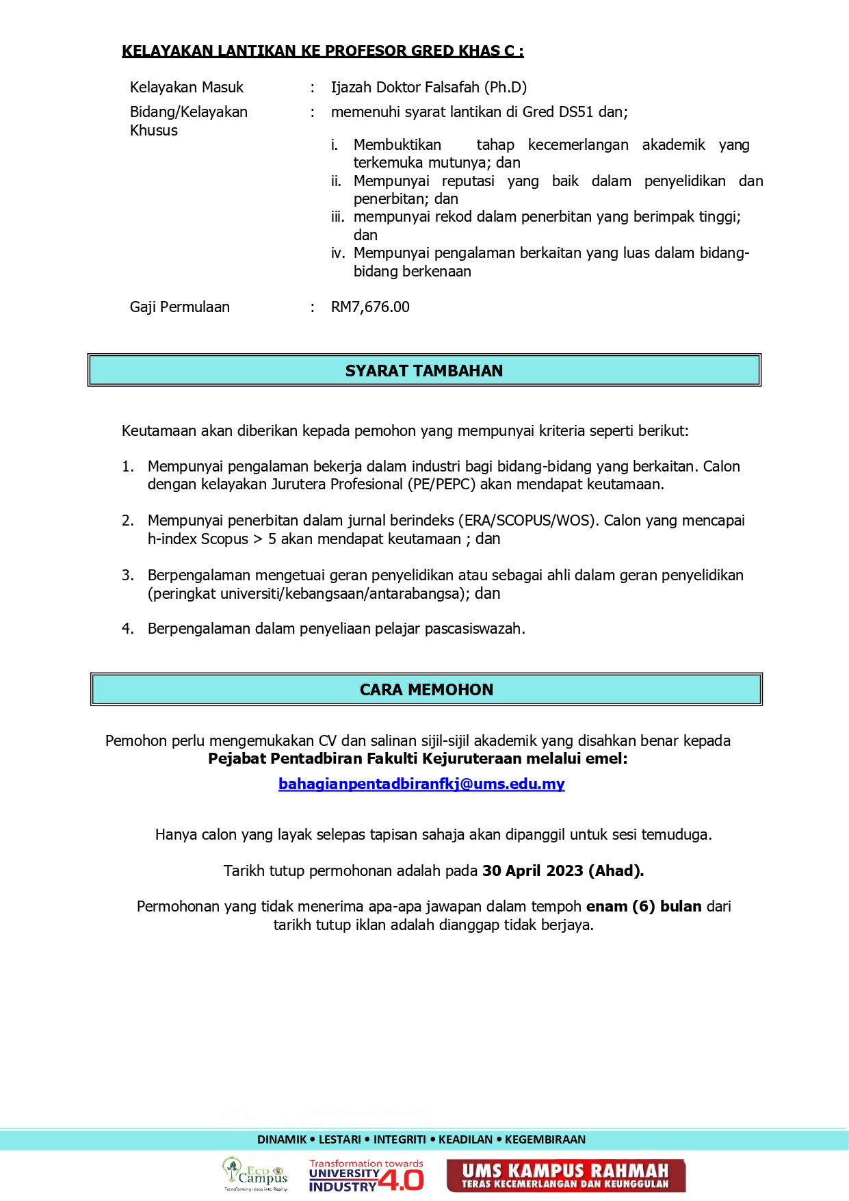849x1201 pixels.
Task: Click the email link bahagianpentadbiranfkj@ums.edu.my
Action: click(421, 784)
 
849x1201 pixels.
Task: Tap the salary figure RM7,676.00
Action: click(370, 307)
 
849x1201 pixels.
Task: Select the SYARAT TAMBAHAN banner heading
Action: click(424, 371)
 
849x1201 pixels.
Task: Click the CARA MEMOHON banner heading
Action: click(426, 690)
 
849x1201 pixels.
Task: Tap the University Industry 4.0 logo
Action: click(366, 1176)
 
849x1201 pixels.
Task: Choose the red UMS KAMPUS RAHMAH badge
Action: click(566, 1176)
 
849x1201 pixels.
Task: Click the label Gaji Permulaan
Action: click(180, 307)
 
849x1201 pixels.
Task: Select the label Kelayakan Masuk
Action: click(187, 88)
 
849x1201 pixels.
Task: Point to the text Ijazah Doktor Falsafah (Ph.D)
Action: click(429, 88)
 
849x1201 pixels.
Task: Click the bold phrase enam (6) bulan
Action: click(644, 907)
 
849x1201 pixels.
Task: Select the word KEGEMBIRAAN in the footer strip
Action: click(545, 1139)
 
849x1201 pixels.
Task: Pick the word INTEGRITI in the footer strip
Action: click(400, 1139)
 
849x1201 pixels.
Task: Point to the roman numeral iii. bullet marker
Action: click(338, 217)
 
